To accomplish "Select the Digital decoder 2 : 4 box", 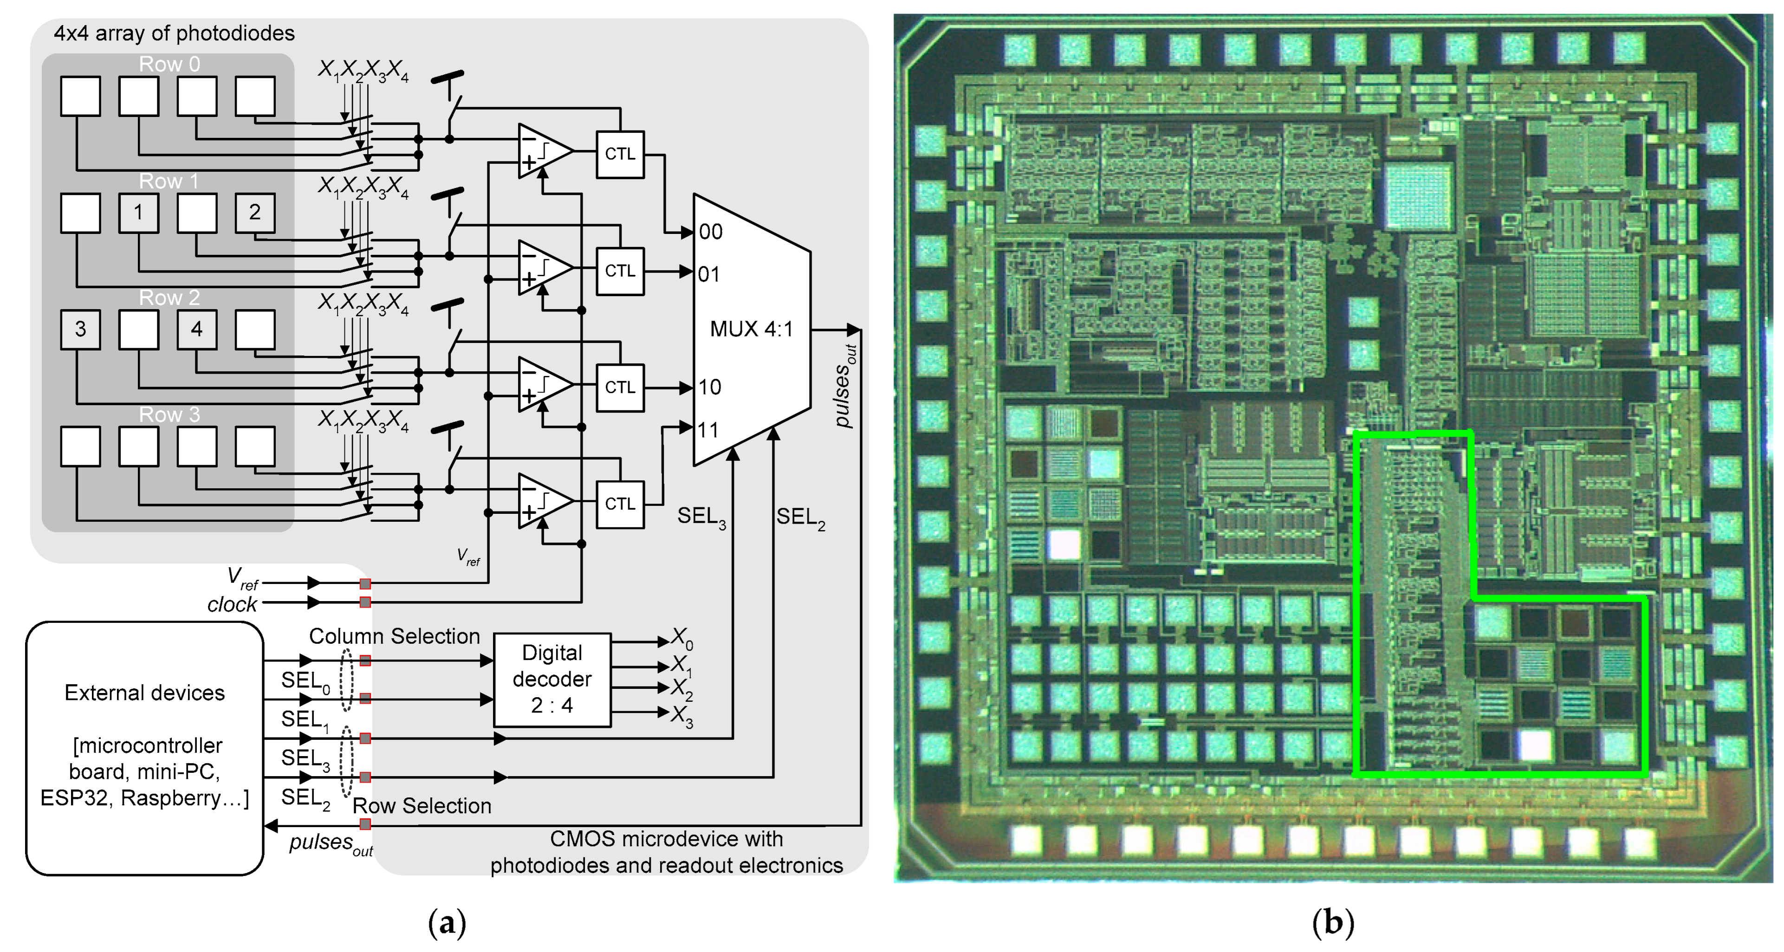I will [552, 679].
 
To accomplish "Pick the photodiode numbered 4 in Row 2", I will [197, 329].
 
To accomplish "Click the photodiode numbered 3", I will [80, 329].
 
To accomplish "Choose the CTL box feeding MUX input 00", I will [620, 154].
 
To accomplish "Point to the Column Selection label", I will [394, 636].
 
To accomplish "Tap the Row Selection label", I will [422, 806].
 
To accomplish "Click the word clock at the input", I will [232, 604].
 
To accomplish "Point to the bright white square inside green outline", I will [1535, 745].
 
